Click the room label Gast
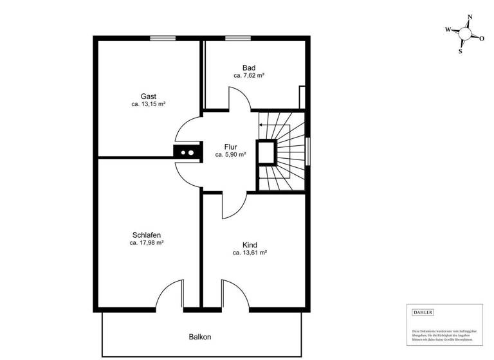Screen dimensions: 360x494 [x=149, y=96]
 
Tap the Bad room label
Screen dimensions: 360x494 [x=249, y=68]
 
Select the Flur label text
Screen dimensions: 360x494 [x=231, y=147]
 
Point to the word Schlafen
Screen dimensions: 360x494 [x=147, y=235]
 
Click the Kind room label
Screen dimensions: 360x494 [x=250, y=245]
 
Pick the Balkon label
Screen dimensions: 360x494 [x=200, y=337]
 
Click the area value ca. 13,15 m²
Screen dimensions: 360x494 [x=149, y=104]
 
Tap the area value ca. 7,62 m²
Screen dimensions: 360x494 [x=249, y=76]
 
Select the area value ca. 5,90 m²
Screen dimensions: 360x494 [x=231, y=155]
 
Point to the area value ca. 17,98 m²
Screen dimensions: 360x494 [x=147, y=243]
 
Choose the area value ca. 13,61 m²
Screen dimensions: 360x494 [x=250, y=253]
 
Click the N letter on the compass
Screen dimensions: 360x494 [x=470, y=17]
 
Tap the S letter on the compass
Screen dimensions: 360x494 [x=461, y=52]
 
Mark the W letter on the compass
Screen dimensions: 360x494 [x=448, y=30]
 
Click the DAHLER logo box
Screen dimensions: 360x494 [x=423, y=312]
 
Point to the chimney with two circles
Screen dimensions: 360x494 [x=187, y=153]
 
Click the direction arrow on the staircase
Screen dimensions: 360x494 [x=263, y=125]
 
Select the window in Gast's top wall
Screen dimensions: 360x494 [x=163, y=38]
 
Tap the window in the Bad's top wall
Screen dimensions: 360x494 [x=238, y=38]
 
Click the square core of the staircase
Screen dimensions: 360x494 [x=266, y=152]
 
